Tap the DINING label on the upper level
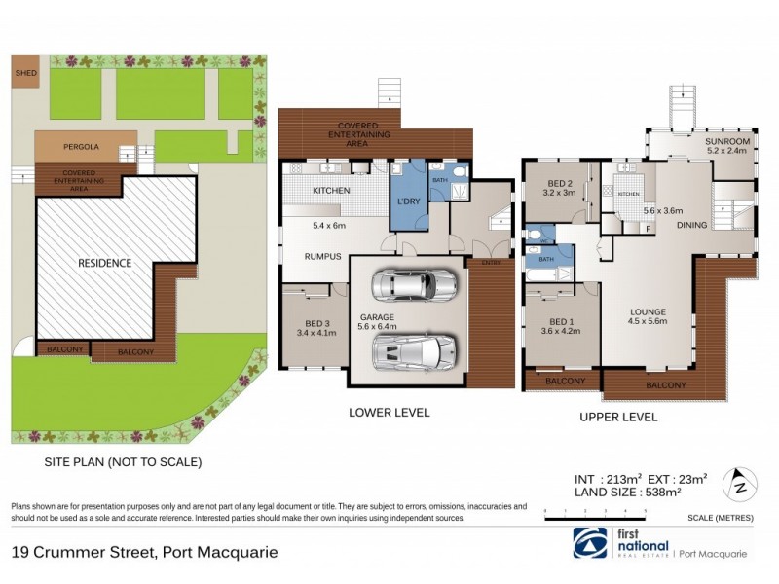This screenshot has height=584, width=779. pos(691,225)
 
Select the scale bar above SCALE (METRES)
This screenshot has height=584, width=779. pos(595,509)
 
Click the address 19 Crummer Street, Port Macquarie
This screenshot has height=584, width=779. pos(144,552)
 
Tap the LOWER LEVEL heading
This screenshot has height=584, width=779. pos(389,413)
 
